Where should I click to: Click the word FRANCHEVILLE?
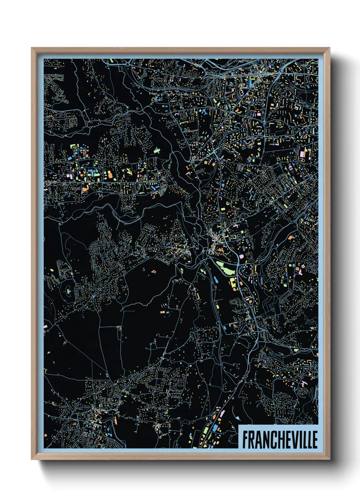pos(280,439)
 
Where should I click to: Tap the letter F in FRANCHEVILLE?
pos(245,439)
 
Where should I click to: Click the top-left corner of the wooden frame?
pos(32,48)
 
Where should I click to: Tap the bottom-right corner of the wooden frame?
pos(329,459)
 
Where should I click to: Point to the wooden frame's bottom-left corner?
pos(32,459)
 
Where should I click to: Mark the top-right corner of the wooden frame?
pos(329,48)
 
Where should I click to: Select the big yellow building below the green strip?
pos(233,283)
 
